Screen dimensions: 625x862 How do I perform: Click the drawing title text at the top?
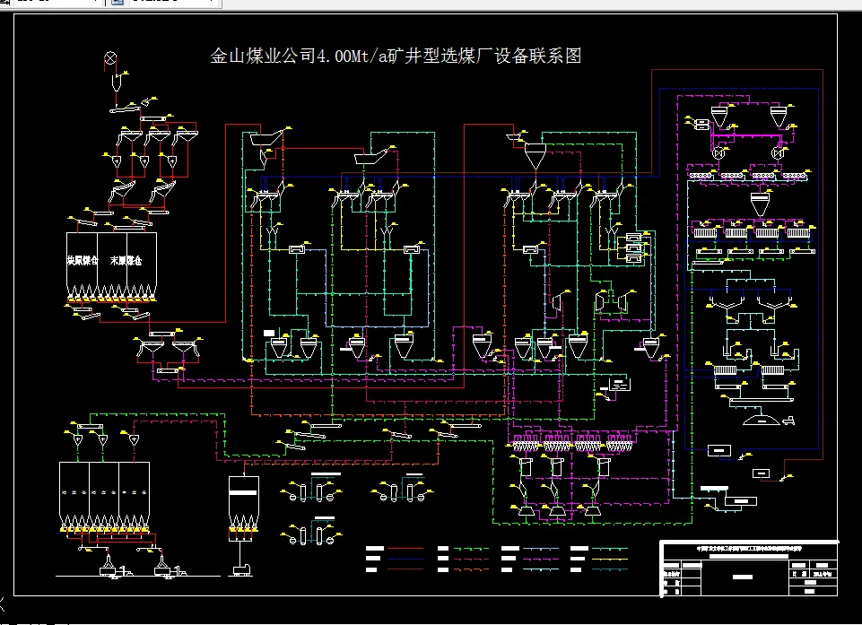[x=396, y=56]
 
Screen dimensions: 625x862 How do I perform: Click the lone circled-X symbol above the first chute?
[x=111, y=57]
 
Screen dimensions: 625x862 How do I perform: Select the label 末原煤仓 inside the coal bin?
[x=126, y=261]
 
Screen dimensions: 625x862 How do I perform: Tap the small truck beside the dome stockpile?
[x=789, y=418]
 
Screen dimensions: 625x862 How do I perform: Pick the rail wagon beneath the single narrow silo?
[x=240, y=568]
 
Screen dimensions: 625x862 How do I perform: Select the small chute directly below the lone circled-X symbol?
[x=115, y=82]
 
